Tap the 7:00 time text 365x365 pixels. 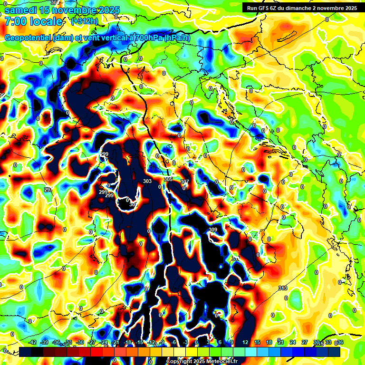[x=15, y=21]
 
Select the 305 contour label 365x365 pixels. [x=168, y=179]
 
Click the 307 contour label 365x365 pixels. [x=184, y=182]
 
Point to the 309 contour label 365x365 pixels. [x=213, y=230]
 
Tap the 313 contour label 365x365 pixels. [x=283, y=288]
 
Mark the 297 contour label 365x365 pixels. [x=48, y=190]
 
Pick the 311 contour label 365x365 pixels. [x=236, y=258]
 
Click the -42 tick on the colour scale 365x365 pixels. [x=32, y=343]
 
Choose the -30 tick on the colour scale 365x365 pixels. [x=80, y=343]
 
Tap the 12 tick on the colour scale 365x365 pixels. [x=245, y=343]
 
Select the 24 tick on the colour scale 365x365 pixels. [x=293, y=343]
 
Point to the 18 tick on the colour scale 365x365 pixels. [x=269, y=343]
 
